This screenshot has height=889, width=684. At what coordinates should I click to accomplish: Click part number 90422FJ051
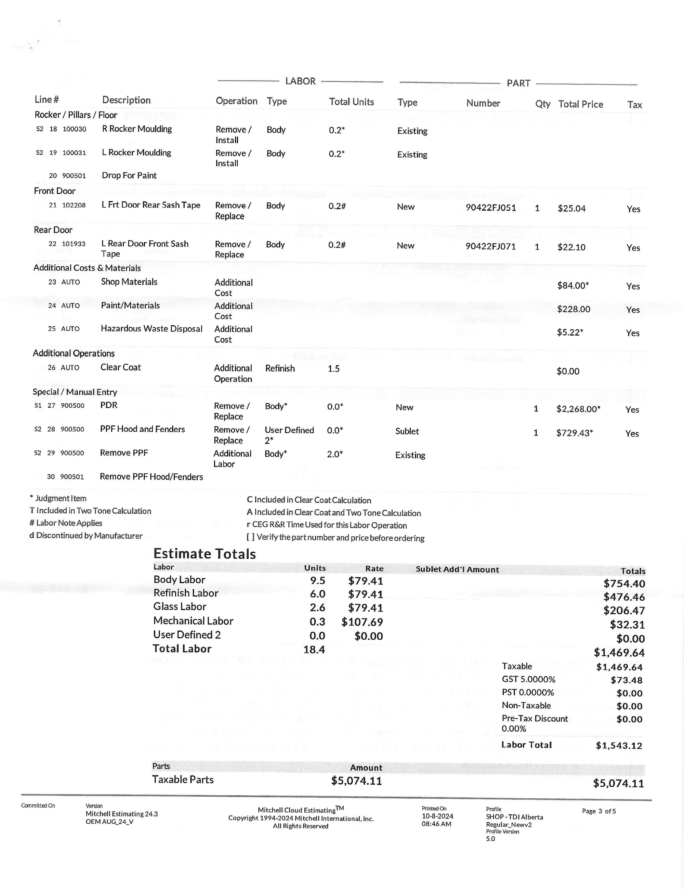pyautogui.click(x=490, y=208)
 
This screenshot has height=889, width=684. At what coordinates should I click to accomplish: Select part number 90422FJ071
pyautogui.click(x=490, y=247)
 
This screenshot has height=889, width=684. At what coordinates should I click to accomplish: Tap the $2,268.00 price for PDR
pyautogui.click(x=578, y=409)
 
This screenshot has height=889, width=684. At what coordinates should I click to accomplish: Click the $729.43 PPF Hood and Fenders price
pyautogui.click(x=574, y=433)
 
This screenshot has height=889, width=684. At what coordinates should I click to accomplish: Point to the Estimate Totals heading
pyautogui.click(x=204, y=554)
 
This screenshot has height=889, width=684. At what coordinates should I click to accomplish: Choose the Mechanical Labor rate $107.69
pyautogui.click(x=362, y=622)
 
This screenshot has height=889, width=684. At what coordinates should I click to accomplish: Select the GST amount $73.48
pyautogui.click(x=626, y=680)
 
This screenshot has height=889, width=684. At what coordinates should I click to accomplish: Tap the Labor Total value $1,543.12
pyautogui.click(x=618, y=746)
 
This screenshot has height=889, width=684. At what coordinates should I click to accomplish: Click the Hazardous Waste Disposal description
pyautogui.click(x=152, y=329)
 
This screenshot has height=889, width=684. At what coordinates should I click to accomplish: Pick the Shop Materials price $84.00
pyautogui.click(x=573, y=286)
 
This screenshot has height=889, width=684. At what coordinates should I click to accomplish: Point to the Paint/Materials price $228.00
pyautogui.click(x=573, y=309)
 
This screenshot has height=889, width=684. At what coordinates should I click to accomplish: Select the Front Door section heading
pyautogui.click(x=54, y=191)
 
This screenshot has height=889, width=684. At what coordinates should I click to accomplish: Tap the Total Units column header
pyautogui.click(x=351, y=102)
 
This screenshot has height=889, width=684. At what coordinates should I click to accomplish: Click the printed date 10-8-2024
pyautogui.click(x=437, y=816)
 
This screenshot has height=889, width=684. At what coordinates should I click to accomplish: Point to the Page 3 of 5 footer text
pyautogui.click(x=598, y=811)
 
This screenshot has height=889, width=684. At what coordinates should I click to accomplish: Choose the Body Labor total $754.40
pyautogui.click(x=624, y=584)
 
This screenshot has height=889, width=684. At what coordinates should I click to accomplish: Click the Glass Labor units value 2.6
pyautogui.click(x=317, y=608)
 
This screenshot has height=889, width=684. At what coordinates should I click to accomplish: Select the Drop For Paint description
pyautogui.click(x=129, y=175)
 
